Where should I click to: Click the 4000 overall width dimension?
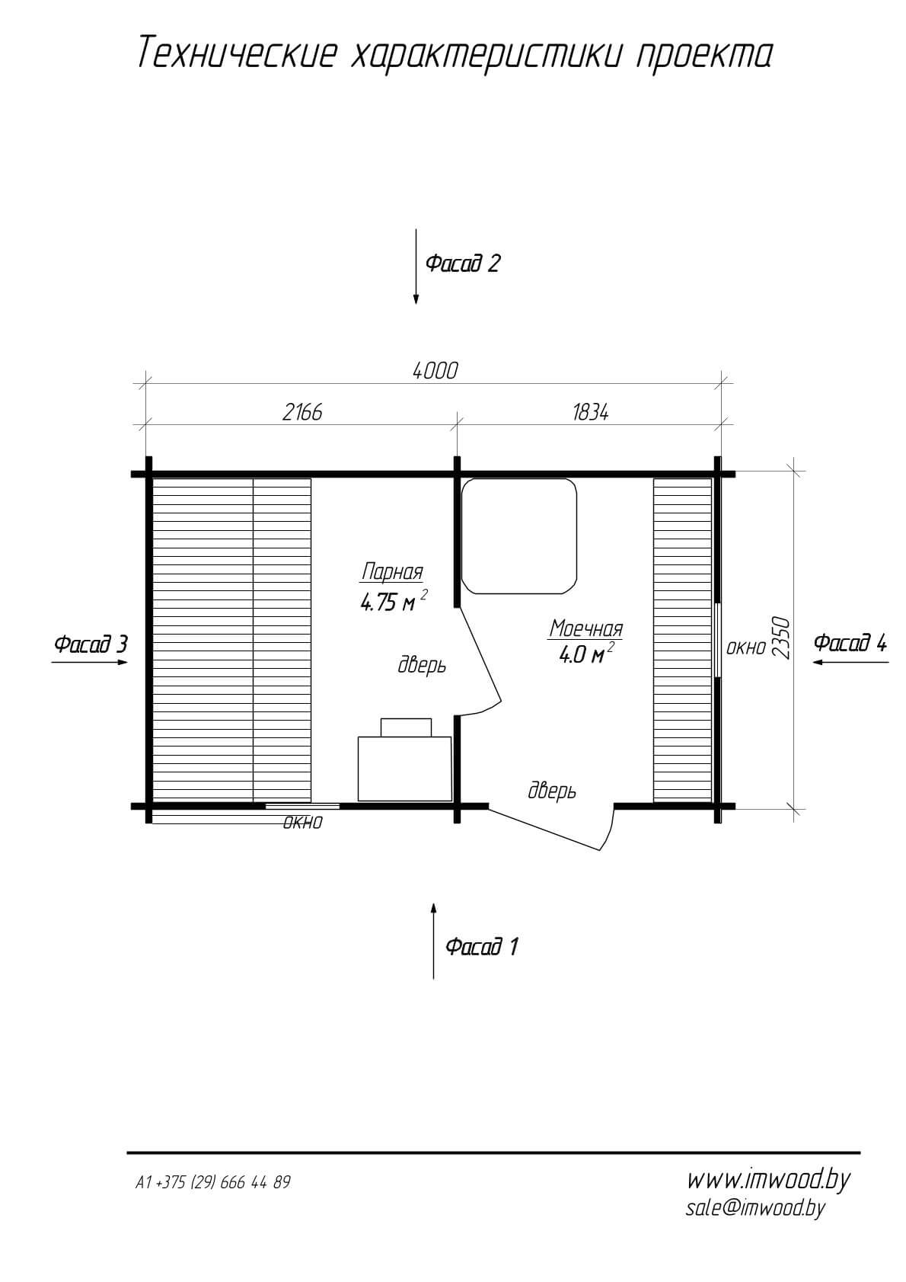pyautogui.click(x=435, y=371)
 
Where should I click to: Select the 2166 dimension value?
pyautogui.click(x=302, y=412)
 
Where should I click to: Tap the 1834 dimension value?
pyautogui.click(x=590, y=412)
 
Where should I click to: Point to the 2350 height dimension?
pyautogui.click(x=781, y=638)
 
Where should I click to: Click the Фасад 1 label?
pyautogui.click(x=482, y=947)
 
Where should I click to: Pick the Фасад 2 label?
pyautogui.click(x=463, y=263)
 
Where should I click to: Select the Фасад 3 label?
pyautogui.click(x=91, y=644)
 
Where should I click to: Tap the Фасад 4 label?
pyautogui.click(x=850, y=643)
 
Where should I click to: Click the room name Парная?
pyautogui.click(x=392, y=571)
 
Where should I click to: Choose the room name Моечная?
pyautogui.click(x=585, y=628)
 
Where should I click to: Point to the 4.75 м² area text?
pyautogui.click(x=394, y=602)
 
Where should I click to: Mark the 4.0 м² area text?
pyautogui.click(x=587, y=654)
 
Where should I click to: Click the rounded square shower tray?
pyautogui.click(x=518, y=536)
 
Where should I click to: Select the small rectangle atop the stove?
pyautogui.click(x=406, y=727)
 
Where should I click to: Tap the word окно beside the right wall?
pyautogui.click(x=746, y=648)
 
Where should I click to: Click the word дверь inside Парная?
pyautogui.click(x=422, y=666)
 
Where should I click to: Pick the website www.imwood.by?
pyautogui.click(x=768, y=1180)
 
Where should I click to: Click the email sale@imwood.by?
pyautogui.click(x=755, y=1207)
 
